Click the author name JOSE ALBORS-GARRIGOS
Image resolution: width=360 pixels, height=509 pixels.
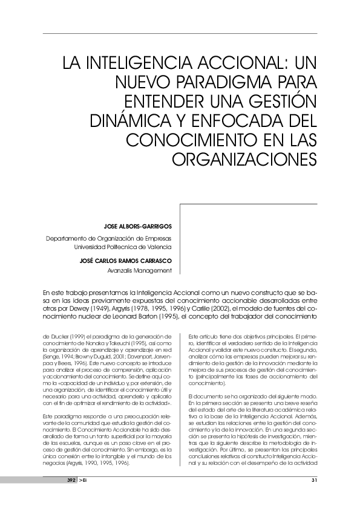[x=137, y=227]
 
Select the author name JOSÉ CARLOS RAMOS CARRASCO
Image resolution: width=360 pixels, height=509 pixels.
[x=126, y=261]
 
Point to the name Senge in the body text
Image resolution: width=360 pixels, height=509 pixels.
[x=52, y=358]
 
